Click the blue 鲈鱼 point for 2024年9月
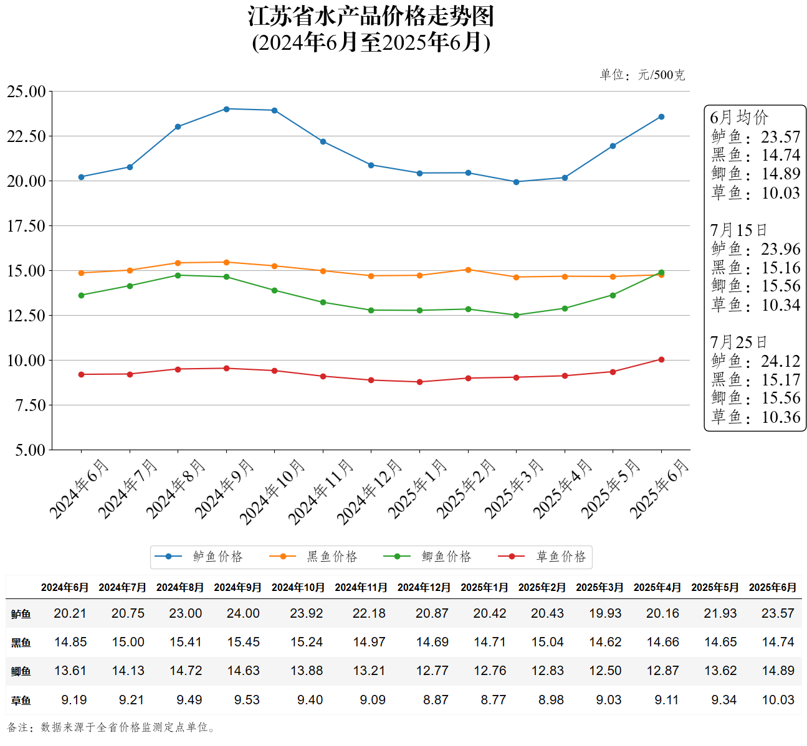pos(226,109)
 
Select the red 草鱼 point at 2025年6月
pos(661,359)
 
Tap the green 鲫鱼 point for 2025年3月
pos(516,315)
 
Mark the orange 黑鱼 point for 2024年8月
pos(178,263)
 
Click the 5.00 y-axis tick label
pos(30,450)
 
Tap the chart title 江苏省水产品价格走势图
pos(371,17)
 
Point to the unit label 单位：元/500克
pos(642,75)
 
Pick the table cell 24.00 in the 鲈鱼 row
pos(243,613)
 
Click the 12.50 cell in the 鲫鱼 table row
pos(605,671)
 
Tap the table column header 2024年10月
pos(298,587)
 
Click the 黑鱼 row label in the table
pos(21,643)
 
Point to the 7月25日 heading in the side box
pos(738,342)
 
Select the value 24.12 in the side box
pos(780,361)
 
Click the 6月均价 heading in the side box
pos(739,117)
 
